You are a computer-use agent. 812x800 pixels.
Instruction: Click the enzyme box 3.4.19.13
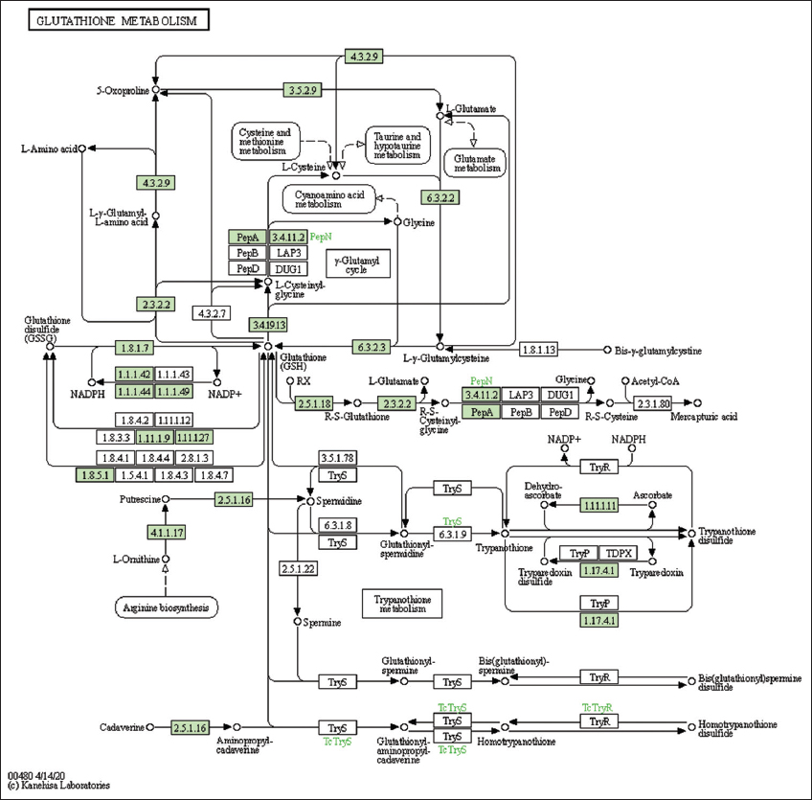point(269,324)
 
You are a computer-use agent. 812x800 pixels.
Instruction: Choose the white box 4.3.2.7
point(214,313)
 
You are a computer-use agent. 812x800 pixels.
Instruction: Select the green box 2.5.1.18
point(315,403)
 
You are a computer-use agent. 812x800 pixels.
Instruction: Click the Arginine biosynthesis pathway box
point(166,607)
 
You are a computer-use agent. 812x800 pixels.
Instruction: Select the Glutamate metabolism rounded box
point(477,163)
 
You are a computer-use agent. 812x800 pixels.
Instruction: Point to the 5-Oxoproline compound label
point(123,91)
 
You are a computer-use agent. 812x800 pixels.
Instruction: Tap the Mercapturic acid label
point(704,417)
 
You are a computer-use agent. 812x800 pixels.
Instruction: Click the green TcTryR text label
point(597,707)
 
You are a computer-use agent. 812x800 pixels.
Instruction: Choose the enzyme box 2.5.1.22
point(299,568)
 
